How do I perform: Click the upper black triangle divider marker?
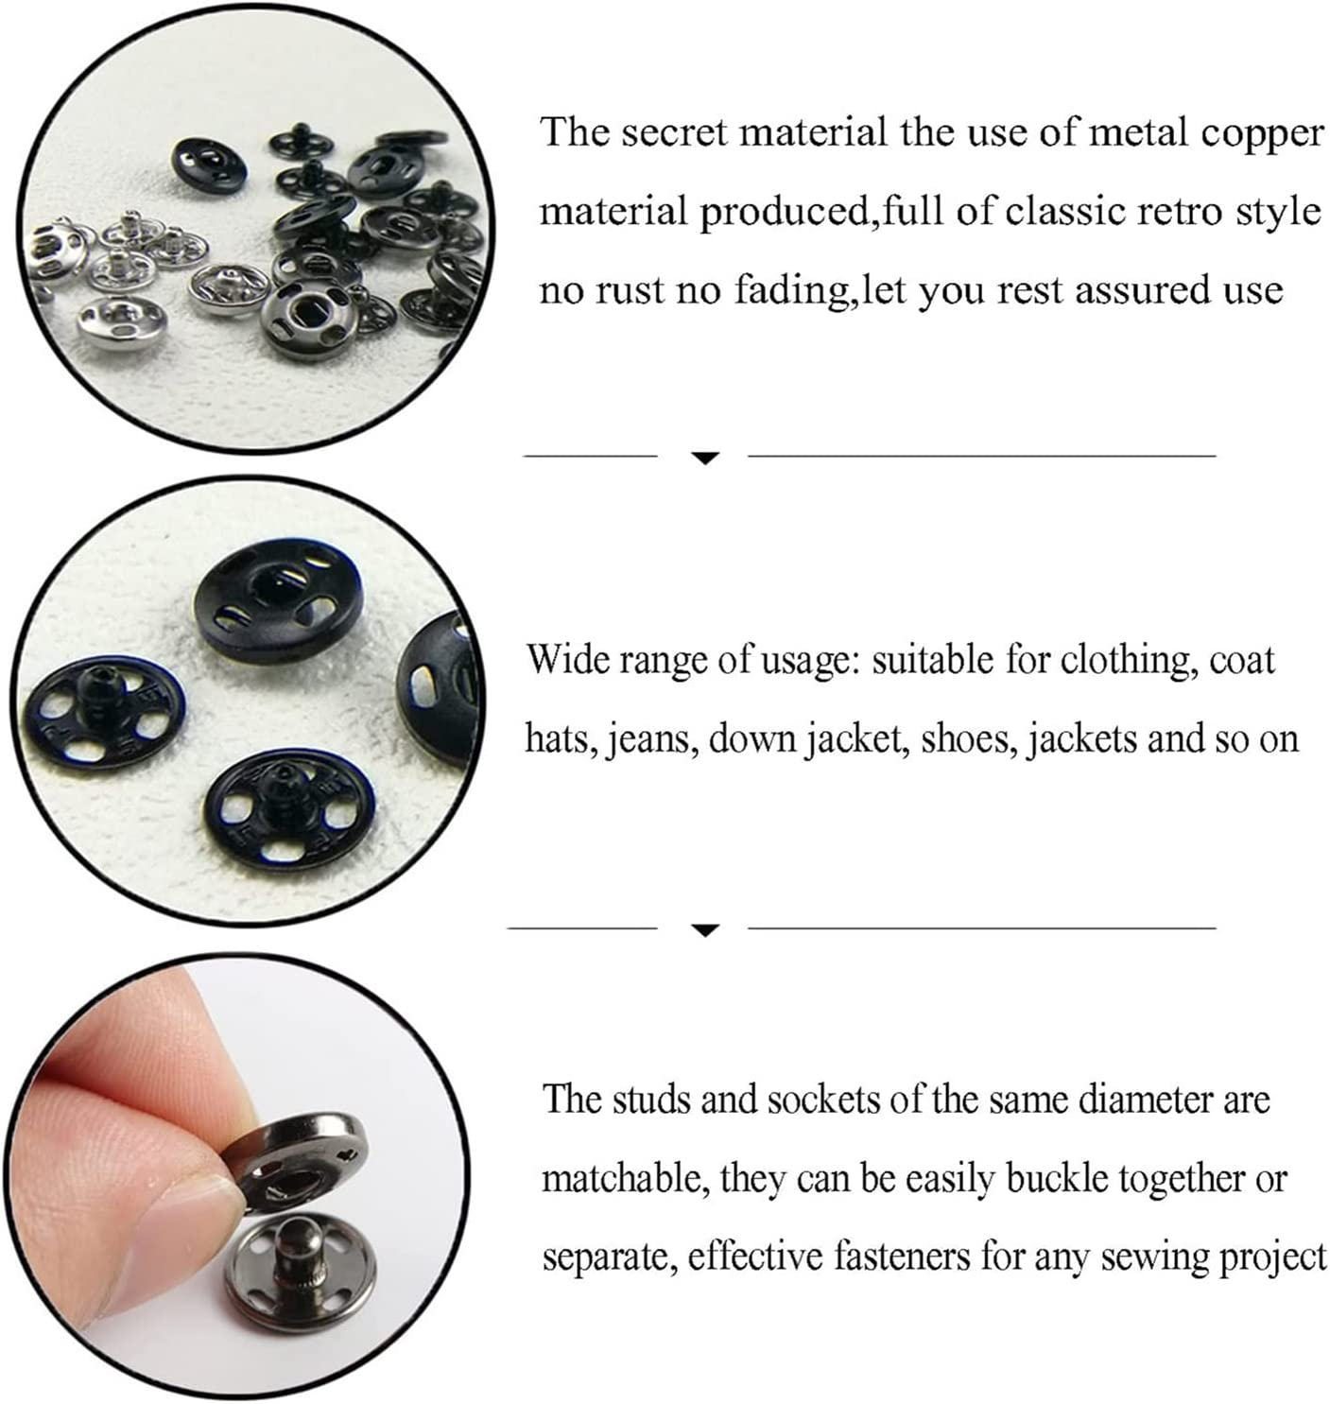coord(705,459)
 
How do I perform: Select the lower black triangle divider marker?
coord(705,930)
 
